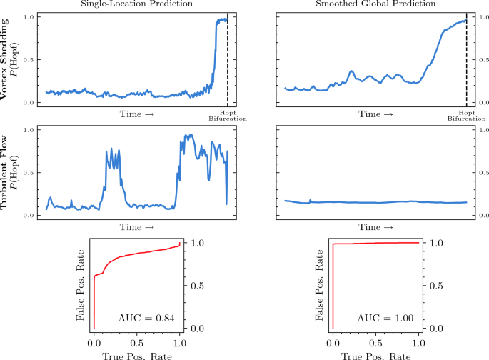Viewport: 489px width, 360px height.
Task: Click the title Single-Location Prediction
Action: pos(136,5)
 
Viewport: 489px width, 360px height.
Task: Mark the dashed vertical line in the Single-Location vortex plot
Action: pos(228,64)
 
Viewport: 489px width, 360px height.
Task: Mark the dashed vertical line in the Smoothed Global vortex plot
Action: pos(466,64)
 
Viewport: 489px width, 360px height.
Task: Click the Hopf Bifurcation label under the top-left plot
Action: pos(228,116)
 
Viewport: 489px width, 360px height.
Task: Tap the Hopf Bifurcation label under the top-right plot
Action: pos(466,116)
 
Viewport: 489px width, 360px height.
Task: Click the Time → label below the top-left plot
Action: pos(136,114)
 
